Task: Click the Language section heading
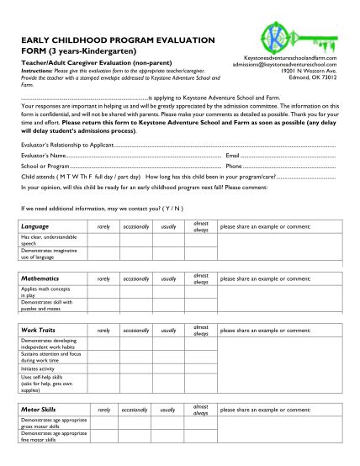36,227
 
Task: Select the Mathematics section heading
40,277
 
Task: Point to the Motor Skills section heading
39,409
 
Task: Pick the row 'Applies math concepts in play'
47,291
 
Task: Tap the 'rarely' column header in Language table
104,227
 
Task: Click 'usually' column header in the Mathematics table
169,278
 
